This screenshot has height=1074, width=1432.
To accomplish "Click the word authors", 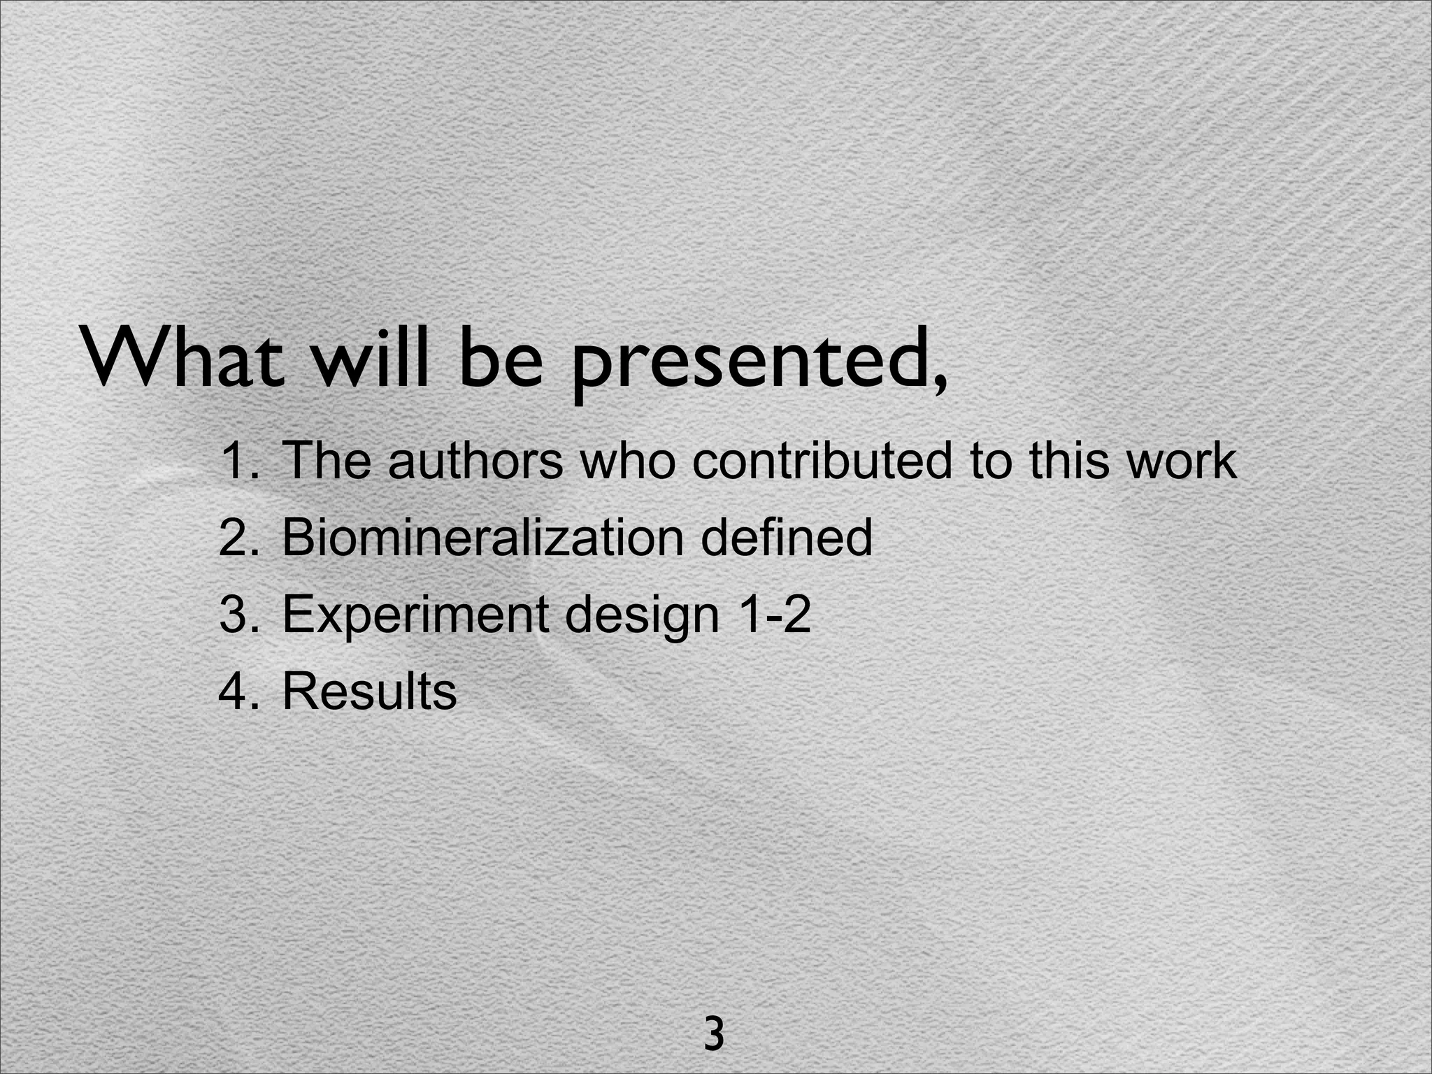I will point(475,461).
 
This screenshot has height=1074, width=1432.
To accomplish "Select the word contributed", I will point(822,461).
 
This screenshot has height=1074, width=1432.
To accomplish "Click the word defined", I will point(786,538).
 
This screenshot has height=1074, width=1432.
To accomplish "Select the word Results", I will point(369,692).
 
